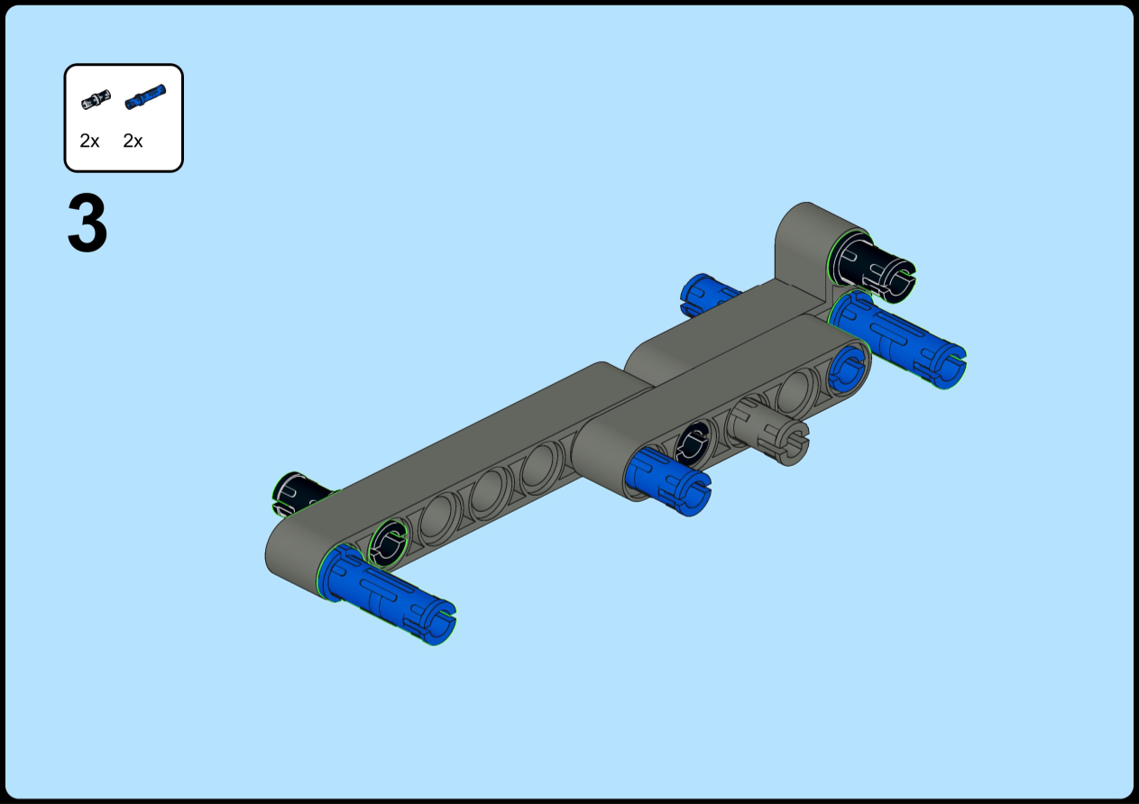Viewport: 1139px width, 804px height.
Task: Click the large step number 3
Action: pos(87,223)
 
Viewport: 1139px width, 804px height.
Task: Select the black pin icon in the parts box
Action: pos(96,99)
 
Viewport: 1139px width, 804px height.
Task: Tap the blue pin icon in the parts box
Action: pos(145,96)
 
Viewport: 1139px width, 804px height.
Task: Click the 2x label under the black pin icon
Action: pos(89,141)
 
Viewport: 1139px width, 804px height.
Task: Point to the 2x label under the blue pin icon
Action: pos(133,141)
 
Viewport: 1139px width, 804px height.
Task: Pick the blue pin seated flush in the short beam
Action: pos(847,367)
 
